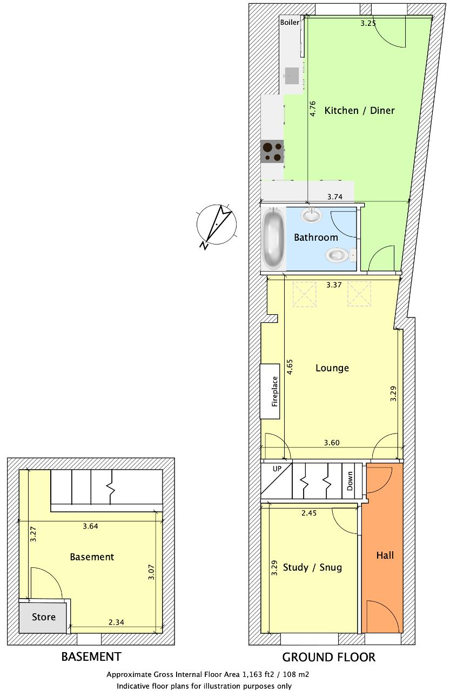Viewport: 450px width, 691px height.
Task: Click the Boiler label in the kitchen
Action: click(x=290, y=23)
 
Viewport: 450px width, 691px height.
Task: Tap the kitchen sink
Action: click(x=292, y=76)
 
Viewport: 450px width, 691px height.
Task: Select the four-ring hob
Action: click(x=272, y=152)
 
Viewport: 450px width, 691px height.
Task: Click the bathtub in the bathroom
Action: click(x=273, y=239)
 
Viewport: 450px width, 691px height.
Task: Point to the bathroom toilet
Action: click(x=339, y=255)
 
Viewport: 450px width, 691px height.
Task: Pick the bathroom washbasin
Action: click(x=312, y=215)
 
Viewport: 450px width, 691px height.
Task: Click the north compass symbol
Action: click(x=217, y=225)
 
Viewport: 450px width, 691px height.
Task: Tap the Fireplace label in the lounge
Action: click(x=274, y=391)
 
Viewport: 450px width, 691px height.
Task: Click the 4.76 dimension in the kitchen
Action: click(x=313, y=109)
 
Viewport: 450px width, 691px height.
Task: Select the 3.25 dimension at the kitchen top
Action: click(x=368, y=23)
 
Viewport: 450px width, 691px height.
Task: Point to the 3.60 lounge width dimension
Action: click(x=332, y=443)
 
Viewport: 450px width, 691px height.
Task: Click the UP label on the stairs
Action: click(x=277, y=469)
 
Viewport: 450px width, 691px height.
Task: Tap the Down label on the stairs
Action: click(x=350, y=481)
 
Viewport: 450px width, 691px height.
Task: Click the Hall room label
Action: click(x=385, y=555)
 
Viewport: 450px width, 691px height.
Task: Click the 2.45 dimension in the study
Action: click(x=309, y=513)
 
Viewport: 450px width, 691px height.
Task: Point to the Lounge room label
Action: click(x=332, y=368)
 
